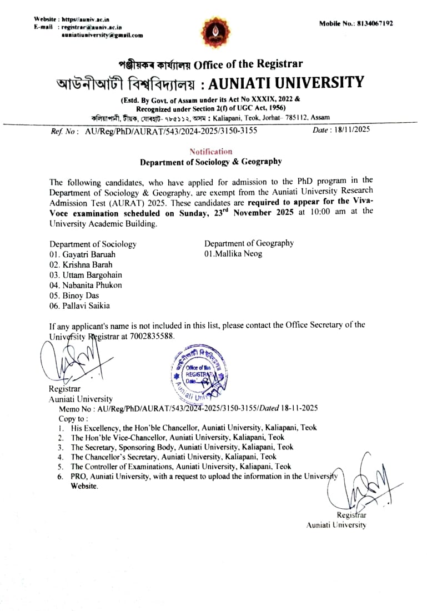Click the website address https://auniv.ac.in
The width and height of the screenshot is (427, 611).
coord(86,19)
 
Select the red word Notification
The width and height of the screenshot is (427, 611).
coord(211,151)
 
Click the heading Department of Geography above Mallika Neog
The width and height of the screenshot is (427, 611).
coord(249,243)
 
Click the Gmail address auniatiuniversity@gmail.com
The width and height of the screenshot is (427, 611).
coord(102,35)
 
